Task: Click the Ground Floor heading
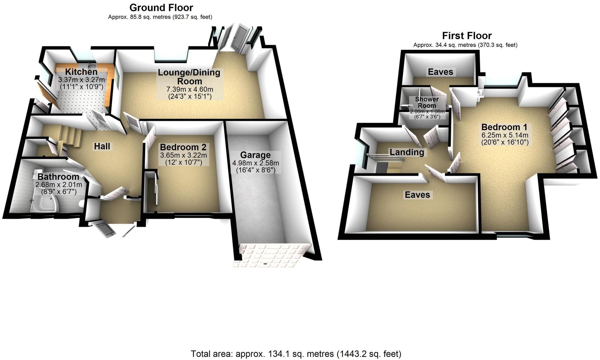click(x=161, y=7)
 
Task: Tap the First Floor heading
click(x=467, y=36)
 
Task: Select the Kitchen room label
click(x=81, y=72)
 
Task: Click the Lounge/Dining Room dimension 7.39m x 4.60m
click(x=190, y=89)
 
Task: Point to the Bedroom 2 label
click(x=183, y=147)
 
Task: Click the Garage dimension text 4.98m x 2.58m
click(x=255, y=163)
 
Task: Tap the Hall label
click(x=102, y=146)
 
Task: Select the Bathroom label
click(x=58, y=177)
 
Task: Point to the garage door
click(x=269, y=255)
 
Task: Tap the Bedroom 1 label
click(x=504, y=127)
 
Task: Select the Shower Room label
click(x=427, y=102)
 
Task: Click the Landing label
click(x=407, y=152)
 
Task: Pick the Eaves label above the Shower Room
click(x=440, y=72)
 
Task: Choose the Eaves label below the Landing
click(x=417, y=195)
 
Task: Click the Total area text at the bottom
click(x=296, y=354)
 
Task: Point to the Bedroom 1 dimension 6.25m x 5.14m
click(x=504, y=135)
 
